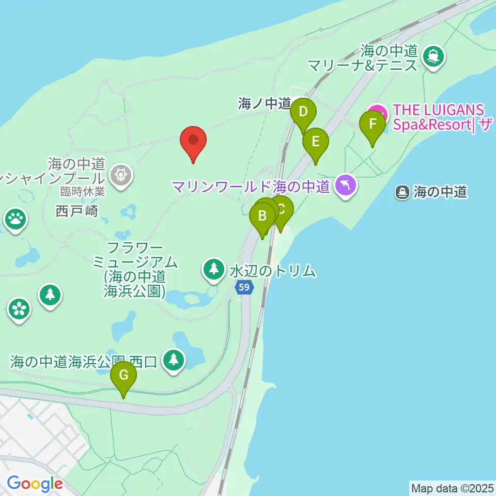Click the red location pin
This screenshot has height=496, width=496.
coord(193,141)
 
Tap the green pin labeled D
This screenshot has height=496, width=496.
coord(303,112)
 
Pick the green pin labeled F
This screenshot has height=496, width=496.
coord(373,125)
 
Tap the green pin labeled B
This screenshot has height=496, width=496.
coord(262,216)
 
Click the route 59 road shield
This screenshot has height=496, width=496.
coord(246,287)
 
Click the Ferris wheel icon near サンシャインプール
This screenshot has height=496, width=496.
coord(121,174)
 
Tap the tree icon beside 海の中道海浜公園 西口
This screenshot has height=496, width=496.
coord(174,360)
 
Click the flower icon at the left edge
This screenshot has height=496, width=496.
coord(19,309)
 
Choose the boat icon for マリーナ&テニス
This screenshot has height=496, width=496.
coord(433,56)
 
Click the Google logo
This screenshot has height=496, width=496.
coord(35,484)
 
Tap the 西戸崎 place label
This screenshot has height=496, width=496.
coord(78,211)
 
